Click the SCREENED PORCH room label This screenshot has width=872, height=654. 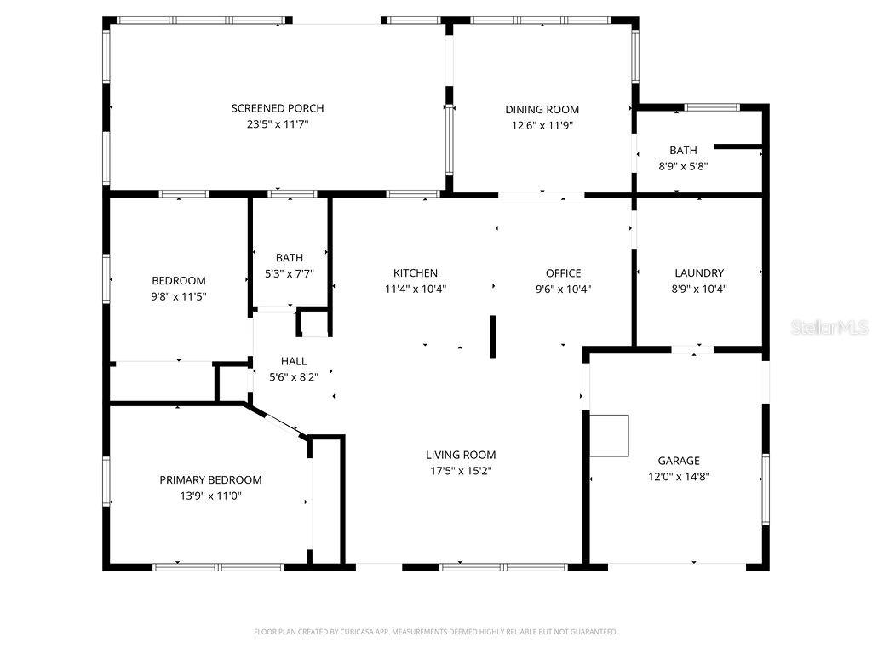pyautogui.click(x=278, y=108)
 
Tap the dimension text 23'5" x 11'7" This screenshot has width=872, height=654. pyautogui.click(x=278, y=124)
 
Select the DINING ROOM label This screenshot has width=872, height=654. pyautogui.click(x=542, y=109)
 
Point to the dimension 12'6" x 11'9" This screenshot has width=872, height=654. pyautogui.click(x=542, y=125)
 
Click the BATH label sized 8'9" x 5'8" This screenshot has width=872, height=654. pyautogui.click(x=682, y=151)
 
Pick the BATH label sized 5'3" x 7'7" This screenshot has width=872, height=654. pyautogui.click(x=289, y=258)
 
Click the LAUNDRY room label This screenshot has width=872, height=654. pyautogui.click(x=698, y=273)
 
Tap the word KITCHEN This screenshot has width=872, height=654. pyautogui.click(x=415, y=273)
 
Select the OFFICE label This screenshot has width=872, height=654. pyautogui.click(x=563, y=273)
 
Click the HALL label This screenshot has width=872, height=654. pyautogui.click(x=293, y=361)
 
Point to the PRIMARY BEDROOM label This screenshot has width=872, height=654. pyautogui.click(x=210, y=479)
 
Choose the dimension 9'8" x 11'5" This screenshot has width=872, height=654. pyautogui.click(x=179, y=296)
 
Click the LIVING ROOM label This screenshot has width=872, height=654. pyautogui.click(x=461, y=455)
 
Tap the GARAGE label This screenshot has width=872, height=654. pyautogui.click(x=679, y=461)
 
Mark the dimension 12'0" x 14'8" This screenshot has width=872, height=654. pyautogui.click(x=679, y=477)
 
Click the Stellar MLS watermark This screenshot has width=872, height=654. pyautogui.click(x=829, y=327)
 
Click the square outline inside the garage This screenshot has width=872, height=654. pyautogui.click(x=610, y=435)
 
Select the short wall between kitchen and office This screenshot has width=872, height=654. pyautogui.click(x=492, y=336)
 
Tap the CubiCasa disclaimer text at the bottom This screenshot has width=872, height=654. pyautogui.click(x=435, y=632)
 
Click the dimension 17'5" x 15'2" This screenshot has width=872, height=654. pyautogui.click(x=461, y=470)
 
